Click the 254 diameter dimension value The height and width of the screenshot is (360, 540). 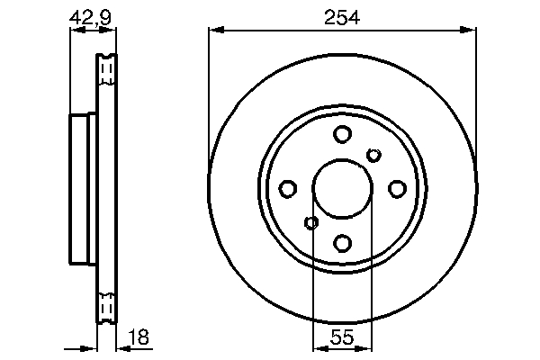(342, 16)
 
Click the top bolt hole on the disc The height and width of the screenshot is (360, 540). (342, 135)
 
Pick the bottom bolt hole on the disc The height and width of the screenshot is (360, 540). (342, 243)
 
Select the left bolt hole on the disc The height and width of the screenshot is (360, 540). (288, 189)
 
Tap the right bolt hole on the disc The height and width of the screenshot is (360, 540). (397, 189)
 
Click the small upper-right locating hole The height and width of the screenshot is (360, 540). (373, 156)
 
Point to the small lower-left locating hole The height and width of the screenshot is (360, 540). (311, 223)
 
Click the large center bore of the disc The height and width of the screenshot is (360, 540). (342, 189)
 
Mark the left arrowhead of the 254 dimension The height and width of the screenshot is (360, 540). (213, 32)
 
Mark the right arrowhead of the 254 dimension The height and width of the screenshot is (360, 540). (471, 32)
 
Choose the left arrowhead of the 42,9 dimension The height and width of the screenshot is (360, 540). (75, 31)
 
